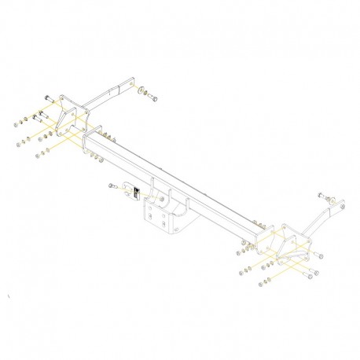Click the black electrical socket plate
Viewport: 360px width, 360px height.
tap(135, 190)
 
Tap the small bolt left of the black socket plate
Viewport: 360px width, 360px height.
tap(111, 186)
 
